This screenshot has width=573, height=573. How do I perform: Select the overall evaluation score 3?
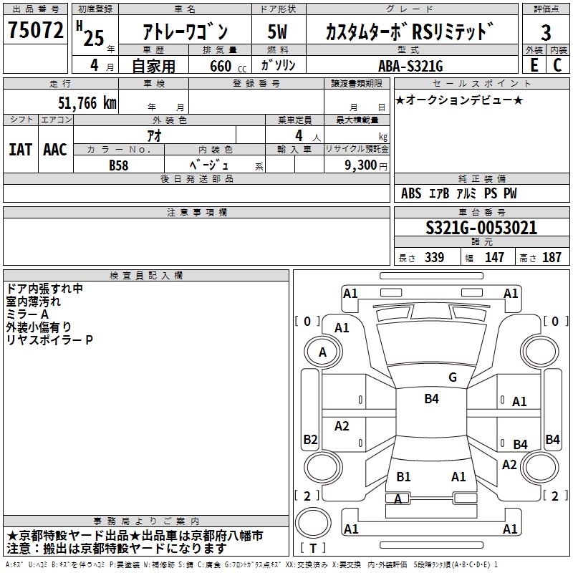pos(546,32)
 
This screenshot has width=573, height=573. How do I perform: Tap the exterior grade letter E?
pos(534,65)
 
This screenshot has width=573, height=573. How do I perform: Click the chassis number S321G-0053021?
pos(481,228)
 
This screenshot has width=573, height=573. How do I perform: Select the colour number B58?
pos(120,165)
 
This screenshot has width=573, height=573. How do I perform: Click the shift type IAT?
pos(20,150)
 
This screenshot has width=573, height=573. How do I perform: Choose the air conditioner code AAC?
pos(55,150)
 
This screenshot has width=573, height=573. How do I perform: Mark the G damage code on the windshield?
pos(453,377)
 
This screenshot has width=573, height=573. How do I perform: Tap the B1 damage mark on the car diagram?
pos(403,476)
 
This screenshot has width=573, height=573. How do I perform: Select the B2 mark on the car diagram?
pos(310,439)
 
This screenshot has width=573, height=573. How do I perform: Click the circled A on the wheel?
pos(322,352)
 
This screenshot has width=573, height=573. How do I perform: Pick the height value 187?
pos(552,258)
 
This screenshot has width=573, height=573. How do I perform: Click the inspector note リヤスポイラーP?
pos(49,340)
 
